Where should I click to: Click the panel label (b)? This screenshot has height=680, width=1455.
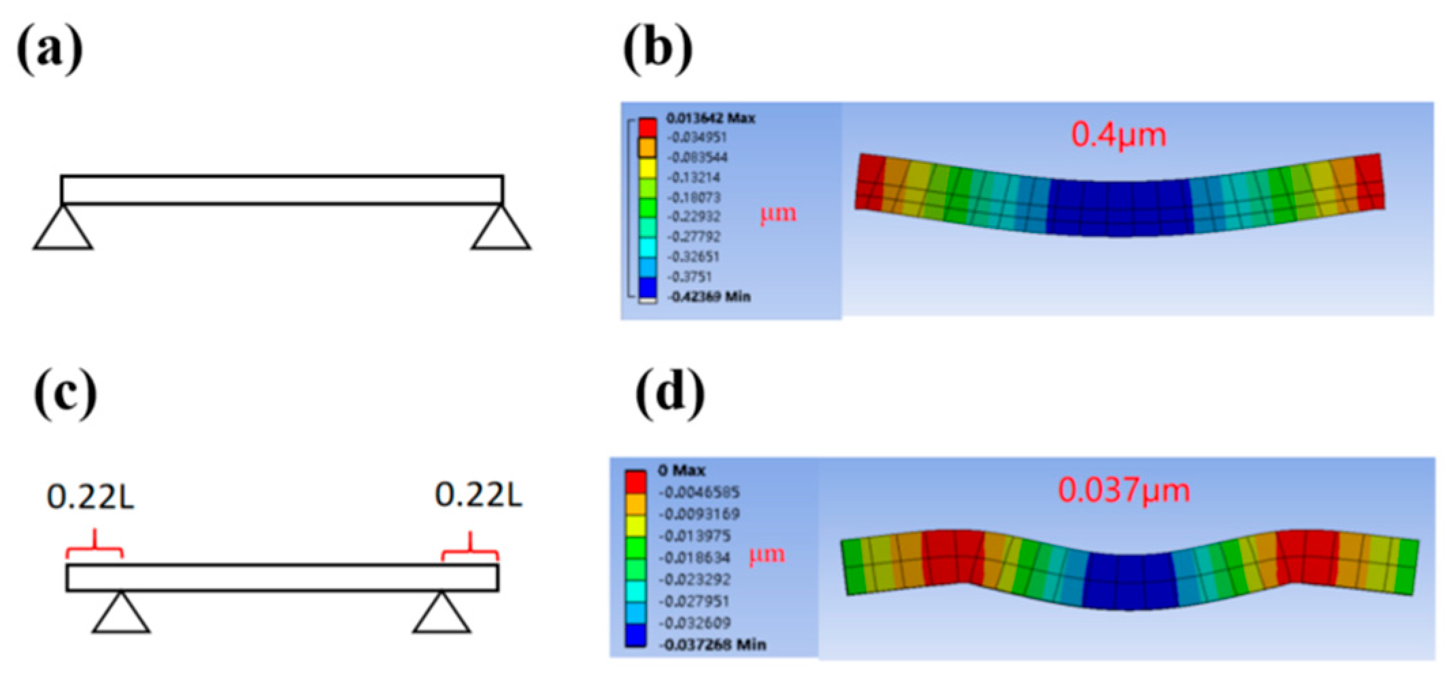click(x=658, y=50)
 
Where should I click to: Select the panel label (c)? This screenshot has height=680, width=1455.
click(x=65, y=394)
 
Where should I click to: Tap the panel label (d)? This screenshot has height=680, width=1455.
click(x=670, y=394)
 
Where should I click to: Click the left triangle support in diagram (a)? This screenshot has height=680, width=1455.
click(x=63, y=230)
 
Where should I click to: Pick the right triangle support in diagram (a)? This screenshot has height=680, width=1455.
click(x=501, y=230)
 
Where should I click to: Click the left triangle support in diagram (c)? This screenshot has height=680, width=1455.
click(x=121, y=614)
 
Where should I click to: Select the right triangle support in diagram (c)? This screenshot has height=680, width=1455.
click(x=441, y=614)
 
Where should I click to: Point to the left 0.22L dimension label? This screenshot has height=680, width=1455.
click(x=90, y=496)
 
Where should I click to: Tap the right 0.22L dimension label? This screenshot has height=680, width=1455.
click(x=478, y=495)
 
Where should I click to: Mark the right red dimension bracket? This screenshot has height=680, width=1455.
click(x=470, y=549)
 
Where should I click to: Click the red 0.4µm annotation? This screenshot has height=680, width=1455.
click(x=1118, y=134)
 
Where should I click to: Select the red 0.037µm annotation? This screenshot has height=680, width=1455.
click(x=1124, y=490)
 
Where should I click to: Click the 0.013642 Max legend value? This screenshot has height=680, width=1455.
click(x=710, y=118)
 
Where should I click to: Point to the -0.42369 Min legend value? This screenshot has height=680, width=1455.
click(x=709, y=296)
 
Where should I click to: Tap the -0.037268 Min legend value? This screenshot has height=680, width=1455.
click(x=712, y=644)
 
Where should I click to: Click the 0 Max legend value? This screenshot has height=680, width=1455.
click(x=681, y=470)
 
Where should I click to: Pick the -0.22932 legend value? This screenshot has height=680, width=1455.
click(x=694, y=216)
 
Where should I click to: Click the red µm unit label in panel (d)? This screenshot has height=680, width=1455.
click(x=767, y=555)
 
